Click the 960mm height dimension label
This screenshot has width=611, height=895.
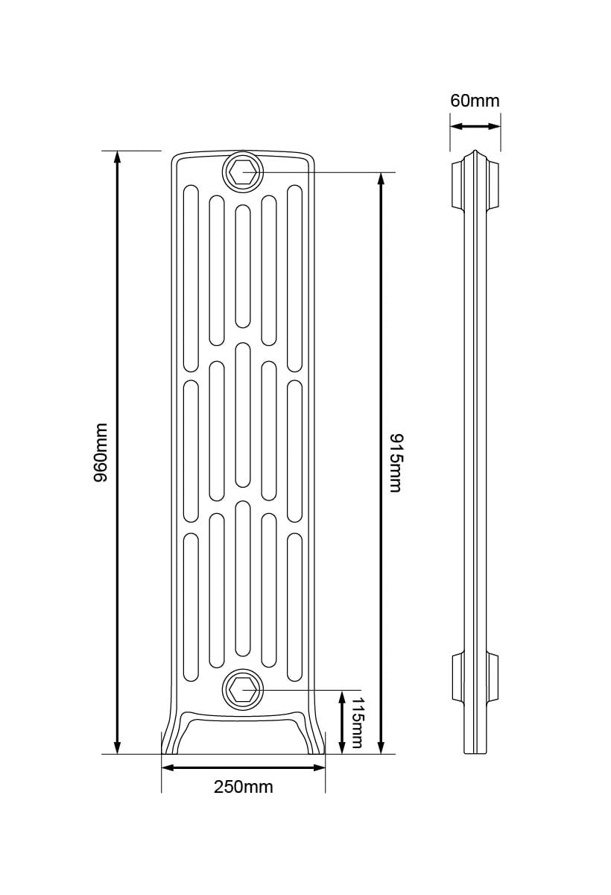tap(101, 453)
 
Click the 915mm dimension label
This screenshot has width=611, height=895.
tap(394, 462)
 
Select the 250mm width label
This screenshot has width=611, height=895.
tap(244, 787)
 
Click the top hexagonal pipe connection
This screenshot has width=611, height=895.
tap(243, 173)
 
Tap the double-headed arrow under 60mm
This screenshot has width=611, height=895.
tap(475, 126)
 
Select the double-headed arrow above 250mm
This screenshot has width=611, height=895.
tap(244, 767)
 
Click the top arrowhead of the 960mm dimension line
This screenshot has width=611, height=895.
tap(117, 157)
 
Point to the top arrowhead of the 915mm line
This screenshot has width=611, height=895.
tap(382, 180)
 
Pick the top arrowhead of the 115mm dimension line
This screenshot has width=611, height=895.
tap(341, 697)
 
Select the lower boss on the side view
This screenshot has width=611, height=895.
tap(475, 677)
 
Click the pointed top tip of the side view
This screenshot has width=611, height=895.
tap(475, 153)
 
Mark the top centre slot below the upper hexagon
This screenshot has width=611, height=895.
tap(243, 266)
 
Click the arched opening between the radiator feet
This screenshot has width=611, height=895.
tap(243, 735)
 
